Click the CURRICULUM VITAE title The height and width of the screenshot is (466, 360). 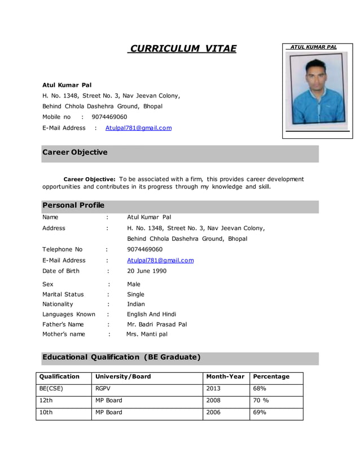[182, 49]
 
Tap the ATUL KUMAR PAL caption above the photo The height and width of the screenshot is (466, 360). [313, 47]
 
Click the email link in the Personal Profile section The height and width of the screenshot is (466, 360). [160, 260]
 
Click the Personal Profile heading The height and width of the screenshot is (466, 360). [73, 205]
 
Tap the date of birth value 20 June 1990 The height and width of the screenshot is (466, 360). [147, 271]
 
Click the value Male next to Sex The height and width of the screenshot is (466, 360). [134, 284]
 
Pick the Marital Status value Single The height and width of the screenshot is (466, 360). [135, 294]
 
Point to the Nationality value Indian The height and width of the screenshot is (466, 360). [136, 304]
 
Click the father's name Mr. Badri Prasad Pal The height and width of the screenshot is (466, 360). [157, 324]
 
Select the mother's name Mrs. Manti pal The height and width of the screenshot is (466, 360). [147, 334]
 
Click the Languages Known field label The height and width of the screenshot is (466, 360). [69, 314]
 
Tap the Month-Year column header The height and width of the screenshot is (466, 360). [225, 376]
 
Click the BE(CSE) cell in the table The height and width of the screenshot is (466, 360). [51, 389]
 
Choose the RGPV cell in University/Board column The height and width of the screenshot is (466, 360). [103, 389]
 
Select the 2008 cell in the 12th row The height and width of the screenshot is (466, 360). [214, 401]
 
